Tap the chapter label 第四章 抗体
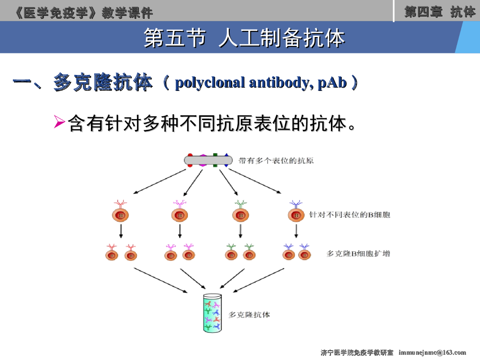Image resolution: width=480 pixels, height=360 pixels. tap(439, 12)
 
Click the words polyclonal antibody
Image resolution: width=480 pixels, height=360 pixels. tap(240, 83)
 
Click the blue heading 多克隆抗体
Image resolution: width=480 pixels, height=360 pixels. tap(103, 82)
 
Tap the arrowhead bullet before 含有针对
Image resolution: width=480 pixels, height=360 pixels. tap(60, 123)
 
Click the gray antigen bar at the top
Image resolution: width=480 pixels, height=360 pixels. tap(208, 160)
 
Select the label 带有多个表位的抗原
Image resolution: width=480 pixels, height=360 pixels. tap(276, 161)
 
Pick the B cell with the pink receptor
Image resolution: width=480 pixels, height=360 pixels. tap(180, 215)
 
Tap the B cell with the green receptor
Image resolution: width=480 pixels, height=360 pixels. tap(240, 215)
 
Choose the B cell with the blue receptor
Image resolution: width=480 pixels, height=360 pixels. tap(296, 215)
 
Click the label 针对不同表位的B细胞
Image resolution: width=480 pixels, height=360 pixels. tap(349, 215)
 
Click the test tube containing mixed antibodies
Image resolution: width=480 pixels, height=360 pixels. tap(212, 313)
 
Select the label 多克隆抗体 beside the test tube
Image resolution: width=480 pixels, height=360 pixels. tap(249, 315)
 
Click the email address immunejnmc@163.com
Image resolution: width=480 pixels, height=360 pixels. tap(432, 352)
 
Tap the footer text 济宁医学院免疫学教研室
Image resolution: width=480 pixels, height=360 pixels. tap(357, 352)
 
